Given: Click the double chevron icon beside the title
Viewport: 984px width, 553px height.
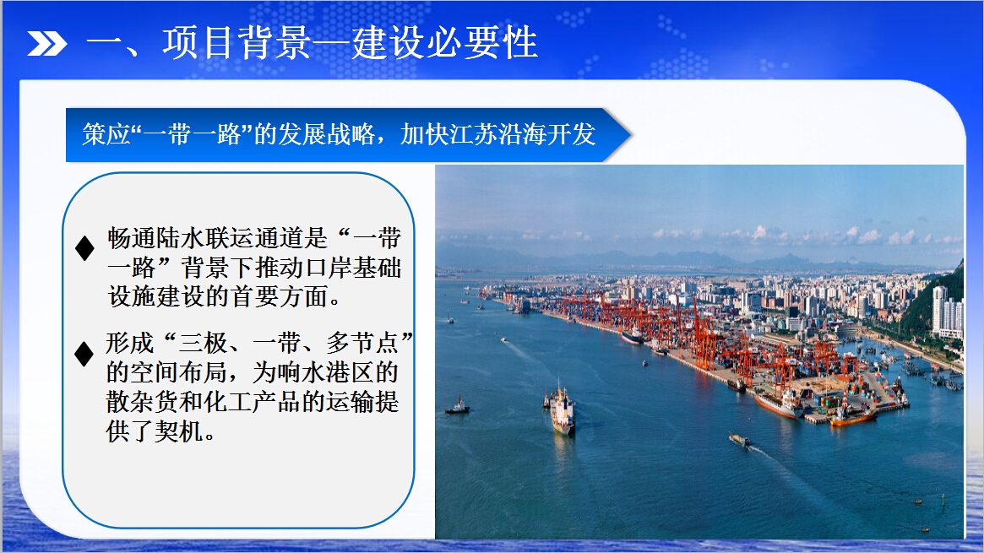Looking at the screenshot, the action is click(47, 43).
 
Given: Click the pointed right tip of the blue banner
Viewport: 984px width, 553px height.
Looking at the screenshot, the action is click(631, 135).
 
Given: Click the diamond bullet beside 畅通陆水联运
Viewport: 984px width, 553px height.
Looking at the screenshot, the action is click(84, 248).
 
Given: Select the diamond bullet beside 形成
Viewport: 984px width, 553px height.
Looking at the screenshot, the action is click(84, 355).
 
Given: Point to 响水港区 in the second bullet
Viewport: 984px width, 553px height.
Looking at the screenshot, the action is click(326, 372).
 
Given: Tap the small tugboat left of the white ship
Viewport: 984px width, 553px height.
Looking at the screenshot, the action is click(458, 407).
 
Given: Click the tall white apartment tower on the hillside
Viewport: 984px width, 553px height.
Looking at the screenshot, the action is click(939, 309).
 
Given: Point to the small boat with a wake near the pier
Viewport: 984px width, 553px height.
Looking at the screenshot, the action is click(739, 440).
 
